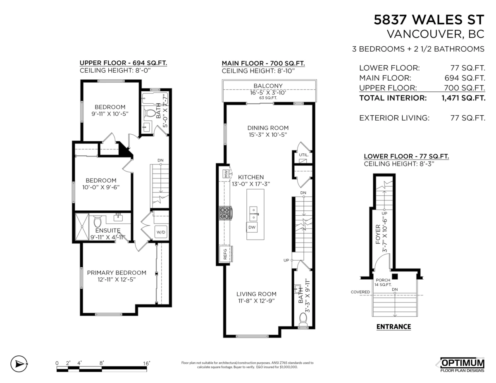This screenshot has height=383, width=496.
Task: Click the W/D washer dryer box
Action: coord(160,232)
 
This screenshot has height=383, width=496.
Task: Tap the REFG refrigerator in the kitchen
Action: coord(225,253)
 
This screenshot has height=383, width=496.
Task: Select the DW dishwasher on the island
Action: coord(252,227)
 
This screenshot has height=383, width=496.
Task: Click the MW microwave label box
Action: coord(226,173)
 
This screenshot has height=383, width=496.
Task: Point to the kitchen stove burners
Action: coord(225,213)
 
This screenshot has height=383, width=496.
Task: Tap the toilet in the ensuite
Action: coord(98,221)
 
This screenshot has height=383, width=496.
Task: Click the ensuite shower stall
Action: coord(81,226)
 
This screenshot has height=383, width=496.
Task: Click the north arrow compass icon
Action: coord(18,364)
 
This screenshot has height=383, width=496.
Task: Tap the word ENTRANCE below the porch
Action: coord(393,327)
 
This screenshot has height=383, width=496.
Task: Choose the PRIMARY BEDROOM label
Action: coord(117,273)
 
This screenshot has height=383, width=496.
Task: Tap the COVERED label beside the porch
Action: coord(360,292)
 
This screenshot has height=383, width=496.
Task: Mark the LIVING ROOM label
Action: coord(256,294)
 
